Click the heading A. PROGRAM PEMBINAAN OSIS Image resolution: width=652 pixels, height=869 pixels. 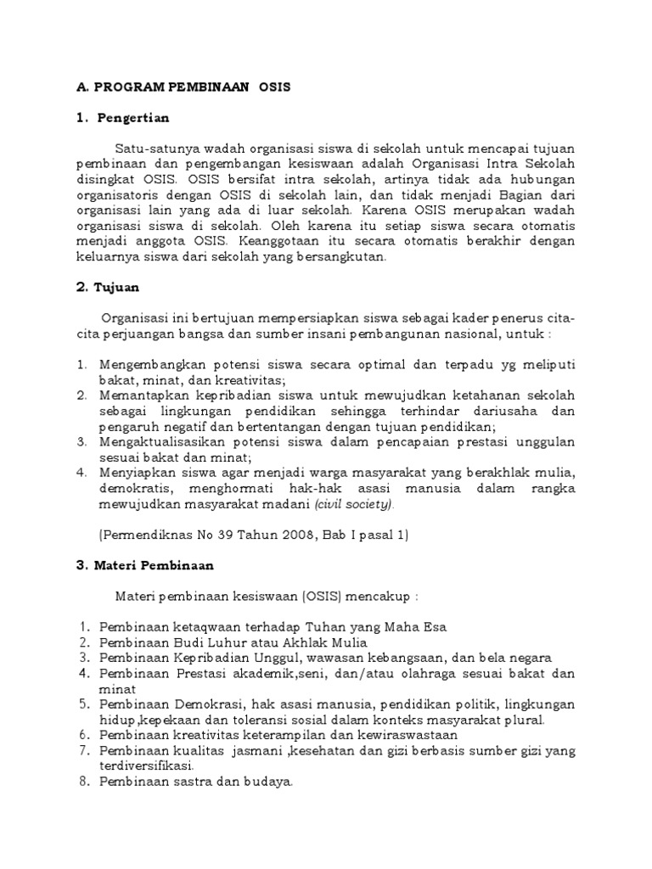tap(183, 87)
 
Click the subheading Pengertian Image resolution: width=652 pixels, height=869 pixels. tap(133, 117)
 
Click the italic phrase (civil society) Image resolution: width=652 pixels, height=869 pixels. tap(354, 504)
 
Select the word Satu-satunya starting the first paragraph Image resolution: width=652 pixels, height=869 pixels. tap(158, 149)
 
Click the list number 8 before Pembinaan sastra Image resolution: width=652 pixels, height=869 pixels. tap(84, 782)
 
